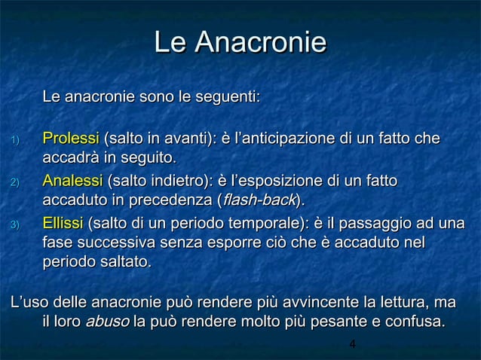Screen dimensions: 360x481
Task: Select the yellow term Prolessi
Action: tap(71, 139)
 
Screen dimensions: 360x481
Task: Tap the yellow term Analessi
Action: tap(72, 182)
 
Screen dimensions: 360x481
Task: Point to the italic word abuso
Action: tap(108, 323)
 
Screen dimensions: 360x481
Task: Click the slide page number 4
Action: tap(353, 345)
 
